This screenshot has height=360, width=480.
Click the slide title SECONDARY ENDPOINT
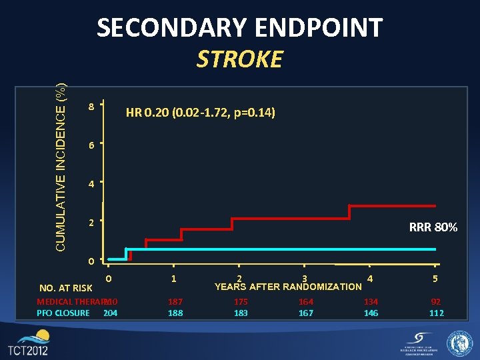[239, 27]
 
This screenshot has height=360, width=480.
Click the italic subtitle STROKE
[239, 59]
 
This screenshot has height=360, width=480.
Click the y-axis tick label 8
[91, 106]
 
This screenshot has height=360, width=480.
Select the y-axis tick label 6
[91, 145]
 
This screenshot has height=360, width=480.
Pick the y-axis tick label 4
[91, 183]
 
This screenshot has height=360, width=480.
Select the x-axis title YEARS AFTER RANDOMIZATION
[288, 287]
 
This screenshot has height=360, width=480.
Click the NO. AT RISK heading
[66, 288]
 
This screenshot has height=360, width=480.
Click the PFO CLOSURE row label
[63, 313]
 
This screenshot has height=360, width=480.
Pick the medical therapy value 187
[175, 301]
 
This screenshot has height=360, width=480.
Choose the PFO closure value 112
[437, 313]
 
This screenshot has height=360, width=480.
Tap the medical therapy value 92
[437, 301]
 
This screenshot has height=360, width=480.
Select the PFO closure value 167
[306, 313]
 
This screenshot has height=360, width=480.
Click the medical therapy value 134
[371, 301]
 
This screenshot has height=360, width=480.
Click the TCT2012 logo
[28, 343]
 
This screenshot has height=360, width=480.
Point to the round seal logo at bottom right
[459, 343]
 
